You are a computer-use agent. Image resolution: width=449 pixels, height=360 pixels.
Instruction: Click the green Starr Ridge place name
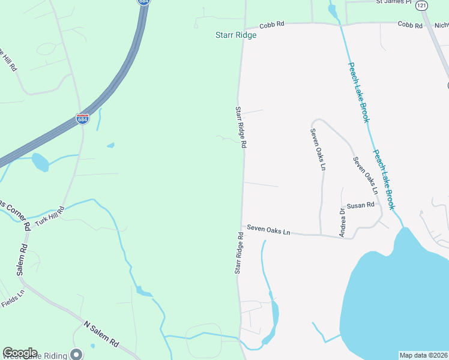236,35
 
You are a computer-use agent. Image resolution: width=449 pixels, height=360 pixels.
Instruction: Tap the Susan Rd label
361,205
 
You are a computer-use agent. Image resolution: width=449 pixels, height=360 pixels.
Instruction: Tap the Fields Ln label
13,298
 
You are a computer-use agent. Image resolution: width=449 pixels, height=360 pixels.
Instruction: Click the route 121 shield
423,5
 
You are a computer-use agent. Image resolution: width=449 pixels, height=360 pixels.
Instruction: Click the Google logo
20,353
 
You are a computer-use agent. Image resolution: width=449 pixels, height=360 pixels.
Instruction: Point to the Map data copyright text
424,355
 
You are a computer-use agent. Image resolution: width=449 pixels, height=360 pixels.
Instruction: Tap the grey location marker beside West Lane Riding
76,354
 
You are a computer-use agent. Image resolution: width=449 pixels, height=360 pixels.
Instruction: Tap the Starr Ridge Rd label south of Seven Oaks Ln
239,254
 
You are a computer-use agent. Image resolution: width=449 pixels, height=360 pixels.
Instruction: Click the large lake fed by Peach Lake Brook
396,294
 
